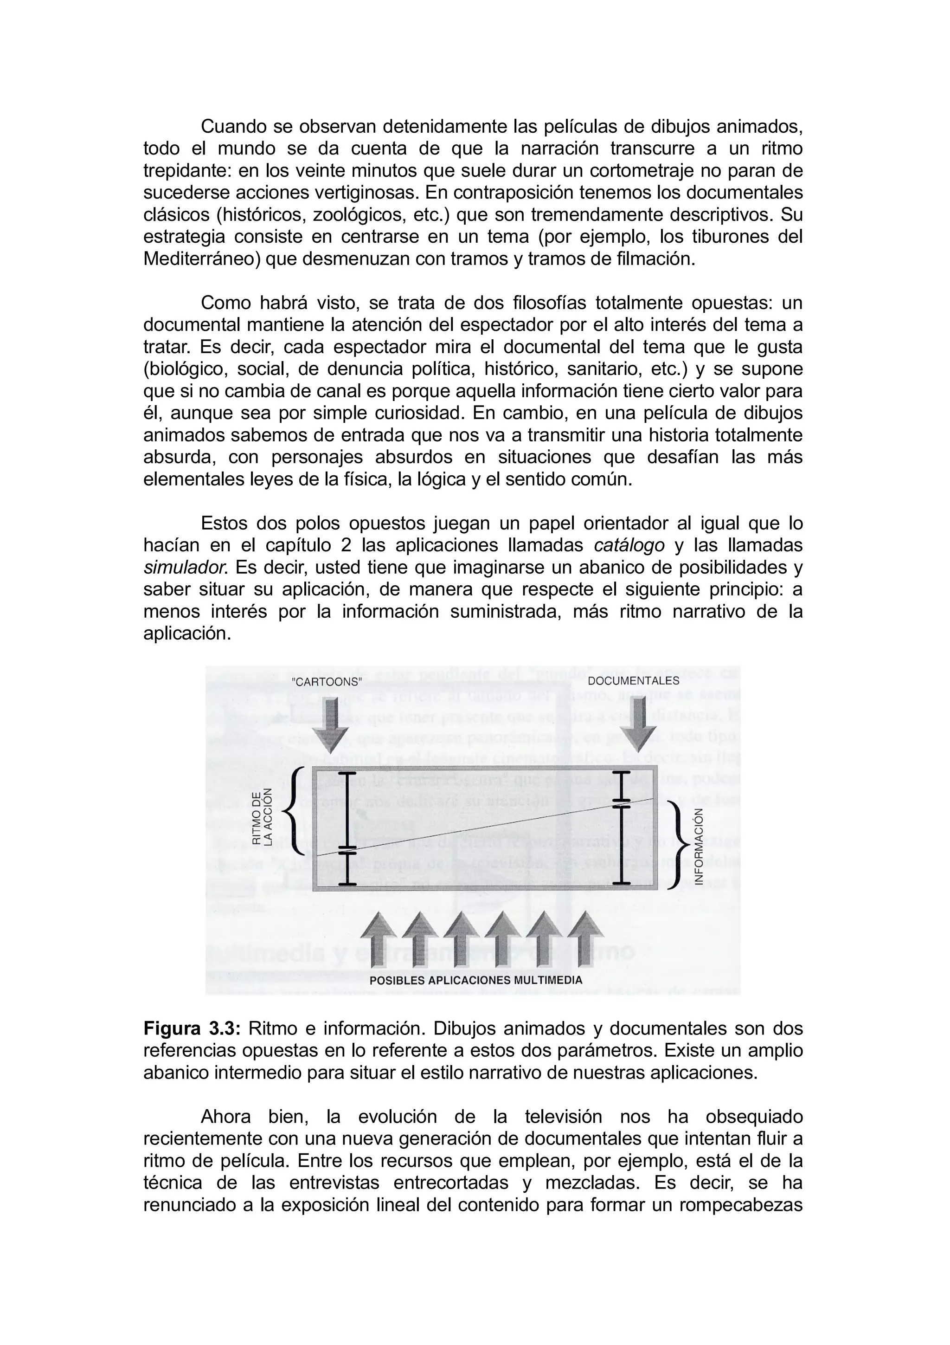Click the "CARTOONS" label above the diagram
[327, 682]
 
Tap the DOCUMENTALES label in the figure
[633, 681]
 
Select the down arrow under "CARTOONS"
[330, 726]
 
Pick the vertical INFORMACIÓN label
[699, 846]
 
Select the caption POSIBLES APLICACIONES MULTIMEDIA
[476, 981]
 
